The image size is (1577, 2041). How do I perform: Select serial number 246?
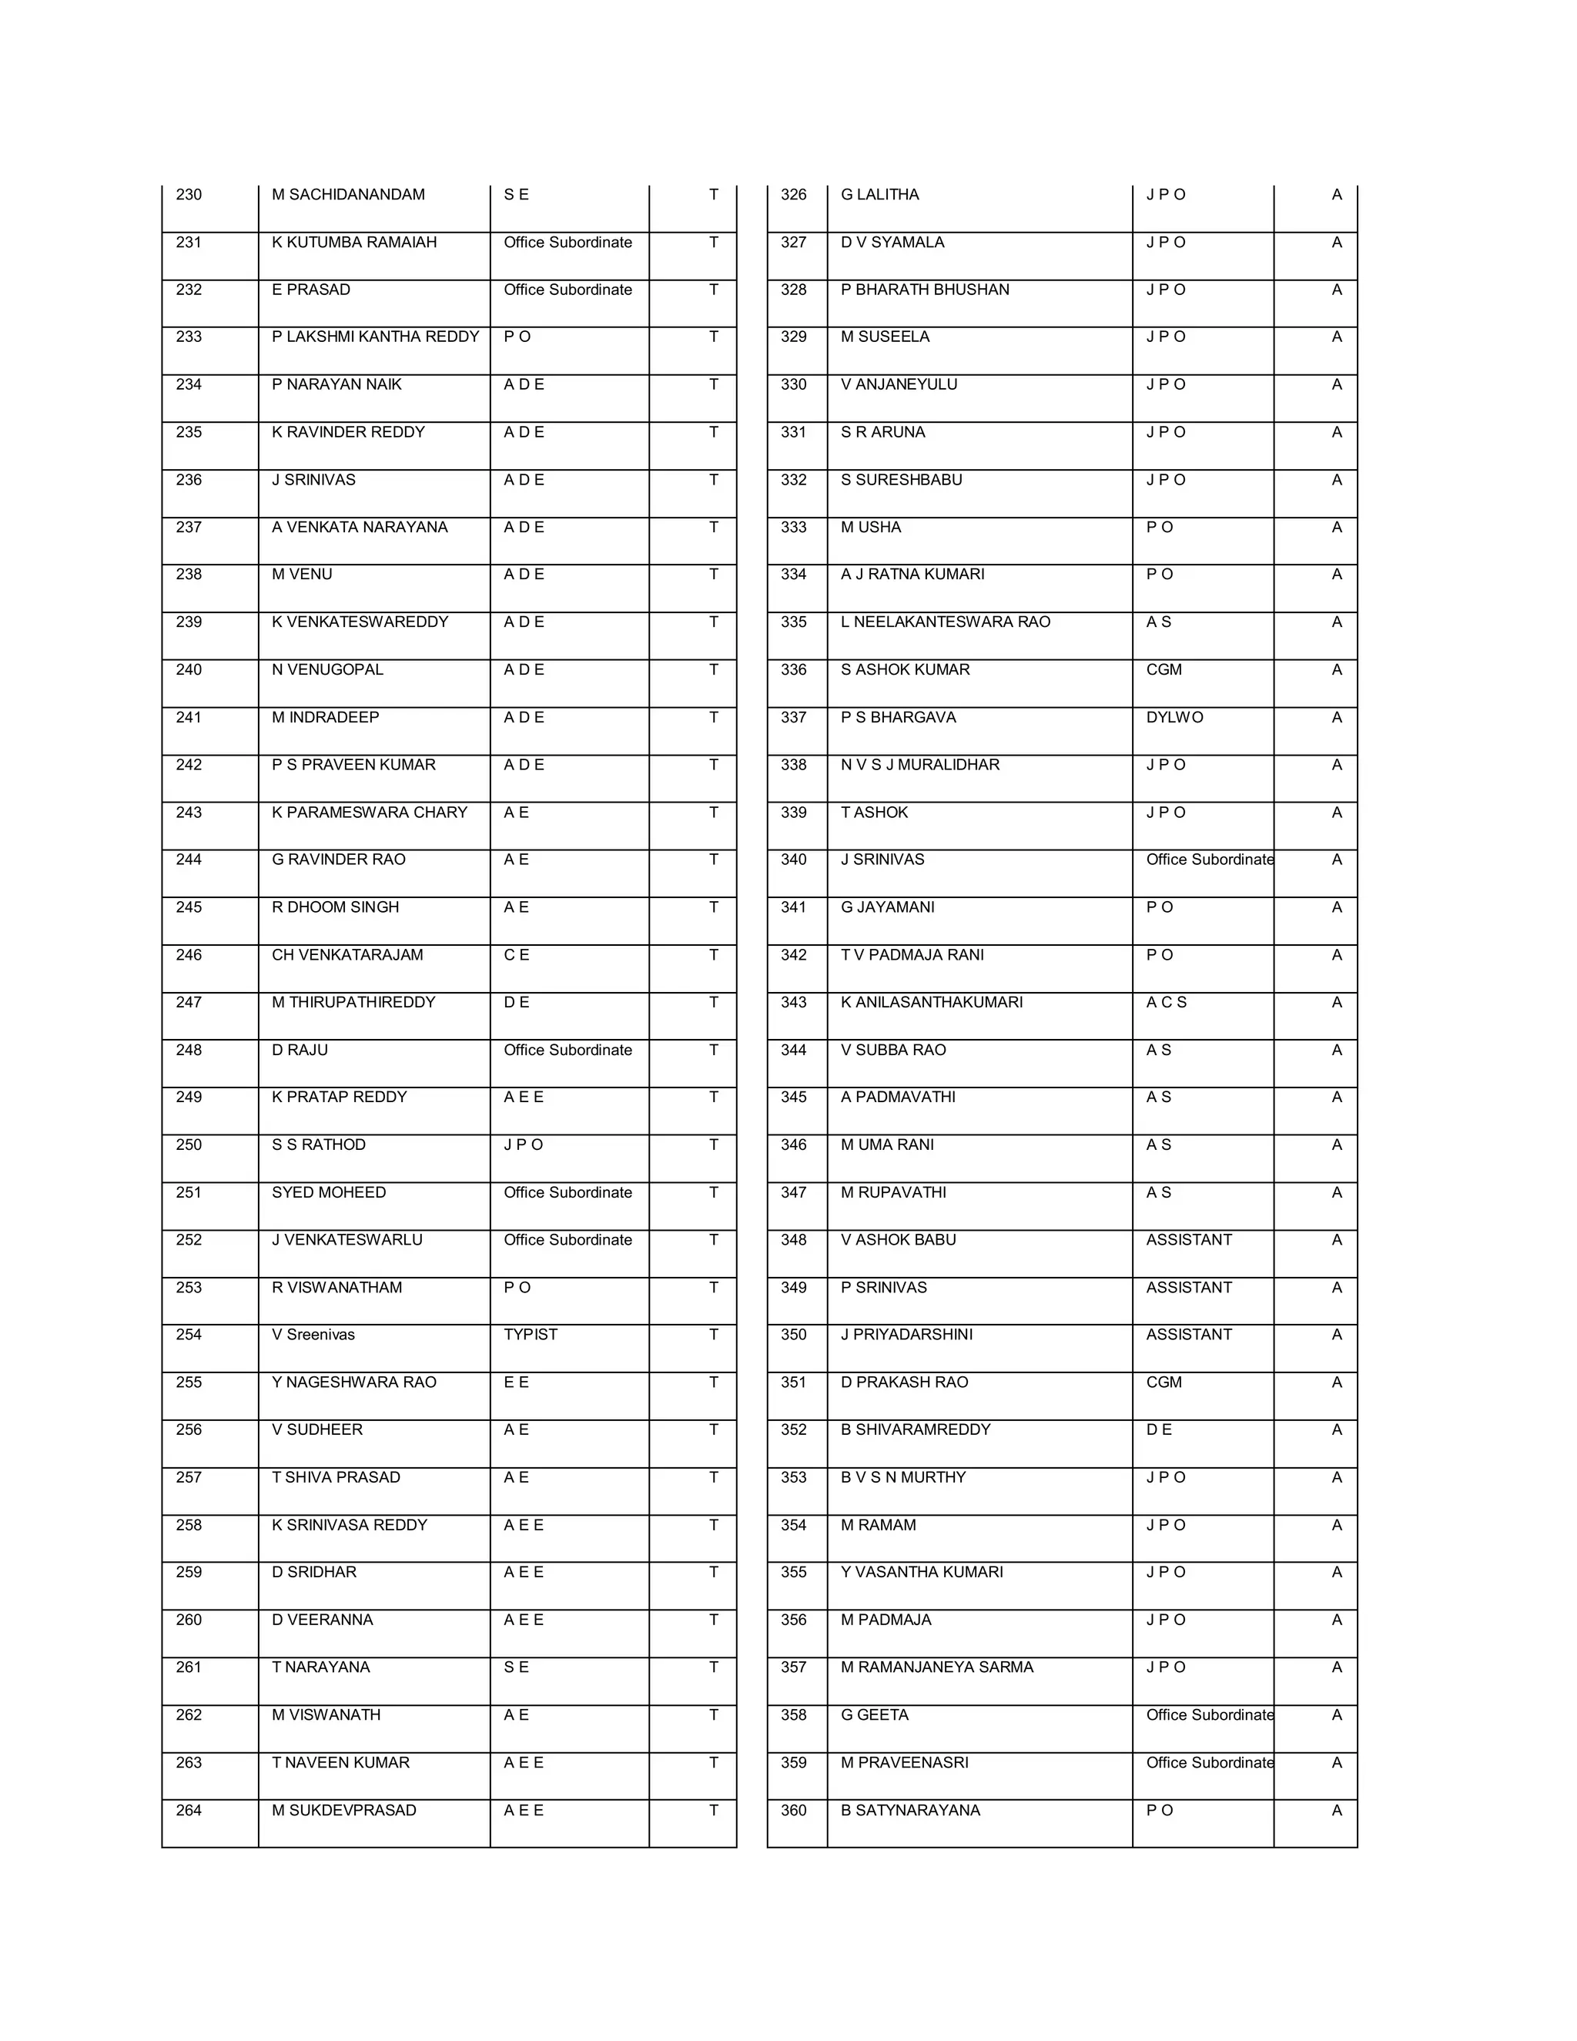coord(189,954)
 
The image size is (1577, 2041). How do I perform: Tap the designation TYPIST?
coord(530,1335)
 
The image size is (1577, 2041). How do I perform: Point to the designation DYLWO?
coord(1174,717)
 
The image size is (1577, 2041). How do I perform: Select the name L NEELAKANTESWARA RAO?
coord(945,622)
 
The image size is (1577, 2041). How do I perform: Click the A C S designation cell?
coord(1166,1002)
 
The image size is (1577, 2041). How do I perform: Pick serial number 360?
coord(793,1810)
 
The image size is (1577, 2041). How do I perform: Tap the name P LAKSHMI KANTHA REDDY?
coord(375,337)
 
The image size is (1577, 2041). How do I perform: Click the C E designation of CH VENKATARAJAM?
coord(516,954)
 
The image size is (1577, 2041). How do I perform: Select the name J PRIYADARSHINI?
coord(906,1335)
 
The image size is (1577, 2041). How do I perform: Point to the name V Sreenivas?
coord(313,1335)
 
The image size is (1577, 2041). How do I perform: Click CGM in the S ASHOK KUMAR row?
coord(1164,669)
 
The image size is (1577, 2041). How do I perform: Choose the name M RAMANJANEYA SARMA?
coord(936,1667)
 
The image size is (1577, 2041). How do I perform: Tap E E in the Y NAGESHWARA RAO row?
coord(516,1382)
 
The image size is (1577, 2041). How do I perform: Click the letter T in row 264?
coord(713,1810)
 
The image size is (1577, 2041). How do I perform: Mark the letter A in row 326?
coord(1336,194)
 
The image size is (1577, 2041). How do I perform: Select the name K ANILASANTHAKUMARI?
coord(932,1002)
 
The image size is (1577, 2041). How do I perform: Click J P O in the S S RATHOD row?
coord(523,1145)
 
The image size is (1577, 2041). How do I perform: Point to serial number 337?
coord(793,717)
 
